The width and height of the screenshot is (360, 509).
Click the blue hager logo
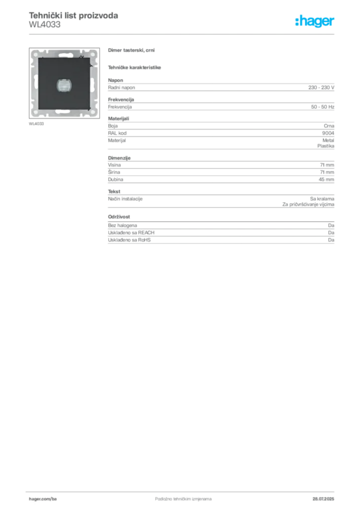point(315,21)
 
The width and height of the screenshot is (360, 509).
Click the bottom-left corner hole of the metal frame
point(35,113)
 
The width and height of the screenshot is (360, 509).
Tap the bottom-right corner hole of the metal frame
point(94,113)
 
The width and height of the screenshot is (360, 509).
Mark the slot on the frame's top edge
point(64,52)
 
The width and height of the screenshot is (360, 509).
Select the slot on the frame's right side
point(94,84)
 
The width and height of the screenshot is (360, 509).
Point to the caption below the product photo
point(38,123)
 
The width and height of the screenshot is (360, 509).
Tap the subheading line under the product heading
point(135,67)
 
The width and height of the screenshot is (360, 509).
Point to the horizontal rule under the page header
point(183,34)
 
